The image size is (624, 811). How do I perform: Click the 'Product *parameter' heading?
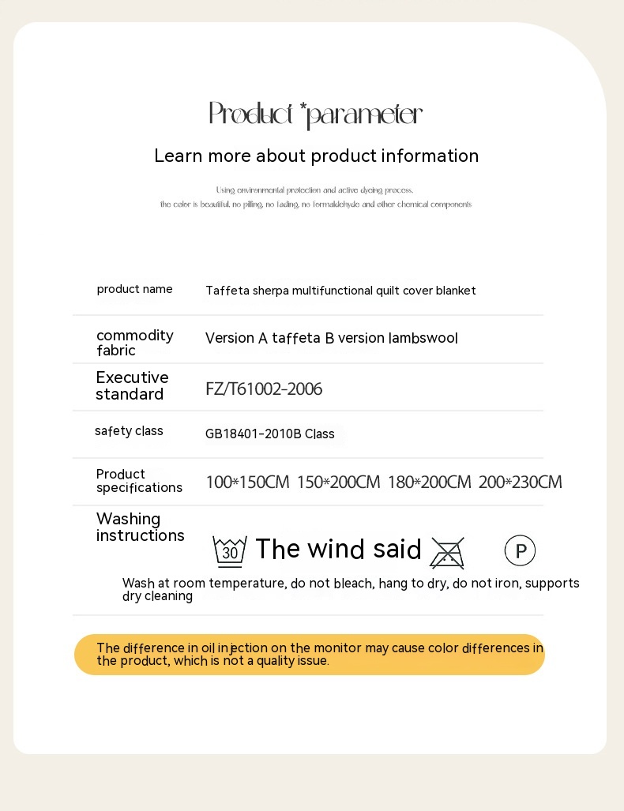coord(315,115)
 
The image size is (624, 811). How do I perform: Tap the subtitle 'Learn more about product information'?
coord(316,156)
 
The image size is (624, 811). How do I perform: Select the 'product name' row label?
coord(134,289)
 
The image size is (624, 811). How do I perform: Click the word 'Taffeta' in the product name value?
coord(227,291)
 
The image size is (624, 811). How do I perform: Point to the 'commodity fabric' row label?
coord(134,343)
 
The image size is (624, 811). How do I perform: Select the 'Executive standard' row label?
coord(132,385)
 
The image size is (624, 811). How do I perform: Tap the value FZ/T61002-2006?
coord(264,389)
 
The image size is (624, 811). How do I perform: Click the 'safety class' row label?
coord(129,431)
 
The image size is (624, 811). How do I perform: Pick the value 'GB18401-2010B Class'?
coord(269,434)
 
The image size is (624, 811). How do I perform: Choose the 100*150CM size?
coord(247,482)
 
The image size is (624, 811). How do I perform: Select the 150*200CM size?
coord(338,482)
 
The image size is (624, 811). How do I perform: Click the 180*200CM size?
coord(429,482)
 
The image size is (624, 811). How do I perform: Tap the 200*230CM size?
coord(520,482)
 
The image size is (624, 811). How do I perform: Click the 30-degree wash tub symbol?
coord(230,550)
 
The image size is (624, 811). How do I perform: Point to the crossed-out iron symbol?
coord(447,552)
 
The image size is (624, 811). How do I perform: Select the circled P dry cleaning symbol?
coord(520,551)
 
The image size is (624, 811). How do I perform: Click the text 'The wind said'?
coord(338,549)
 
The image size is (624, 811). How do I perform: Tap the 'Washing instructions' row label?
coord(140,527)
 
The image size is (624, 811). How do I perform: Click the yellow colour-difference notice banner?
coord(310,655)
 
